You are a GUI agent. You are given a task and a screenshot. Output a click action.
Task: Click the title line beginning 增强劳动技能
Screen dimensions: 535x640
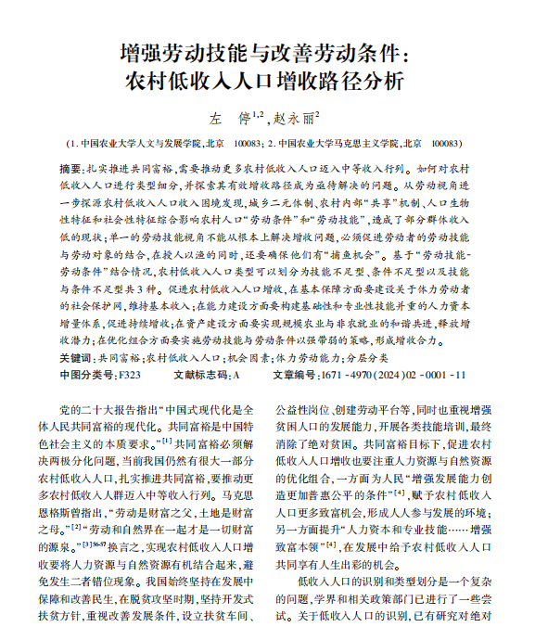(267, 49)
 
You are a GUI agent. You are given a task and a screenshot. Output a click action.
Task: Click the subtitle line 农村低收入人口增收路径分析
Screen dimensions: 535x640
(267, 80)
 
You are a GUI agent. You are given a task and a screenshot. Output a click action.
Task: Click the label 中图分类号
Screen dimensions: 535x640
(87, 375)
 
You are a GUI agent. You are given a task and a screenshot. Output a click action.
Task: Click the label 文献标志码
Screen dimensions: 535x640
(200, 375)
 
